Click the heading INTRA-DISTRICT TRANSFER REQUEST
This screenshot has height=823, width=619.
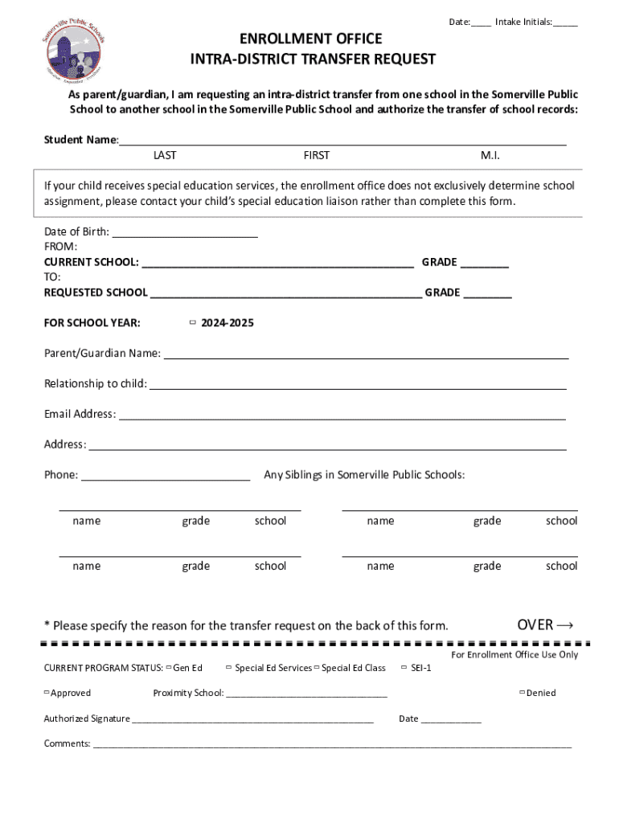(x=313, y=59)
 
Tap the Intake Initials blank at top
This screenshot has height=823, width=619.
(x=564, y=23)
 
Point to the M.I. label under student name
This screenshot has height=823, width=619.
(x=490, y=155)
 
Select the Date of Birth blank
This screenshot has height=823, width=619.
(x=184, y=232)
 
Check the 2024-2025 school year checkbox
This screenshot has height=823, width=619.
(x=193, y=322)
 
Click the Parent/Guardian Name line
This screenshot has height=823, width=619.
(x=366, y=354)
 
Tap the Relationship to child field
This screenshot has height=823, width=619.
(x=358, y=383)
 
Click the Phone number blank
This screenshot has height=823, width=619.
(x=166, y=475)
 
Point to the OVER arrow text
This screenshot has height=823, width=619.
(x=545, y=624)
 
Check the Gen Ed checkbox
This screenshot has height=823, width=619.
(x=169, y=667)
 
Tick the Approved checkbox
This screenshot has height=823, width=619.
(x=47, y=692)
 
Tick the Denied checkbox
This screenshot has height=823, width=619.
(x=522, y=692)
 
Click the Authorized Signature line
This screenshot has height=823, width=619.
(x=252, y=719)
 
